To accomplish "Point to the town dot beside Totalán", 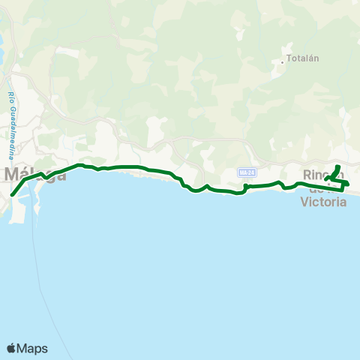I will (282, 62).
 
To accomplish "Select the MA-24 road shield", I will (246, 173).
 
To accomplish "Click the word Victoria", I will (322, 201).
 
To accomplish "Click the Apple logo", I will (11, 348).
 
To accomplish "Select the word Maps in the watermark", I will (33, 348).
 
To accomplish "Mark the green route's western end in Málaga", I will (13, 196).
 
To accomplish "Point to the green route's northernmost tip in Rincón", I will (338, 166).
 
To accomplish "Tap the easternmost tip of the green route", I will (348, 183).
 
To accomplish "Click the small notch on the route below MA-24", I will (246, 185).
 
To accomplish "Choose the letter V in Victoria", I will (304, 201).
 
